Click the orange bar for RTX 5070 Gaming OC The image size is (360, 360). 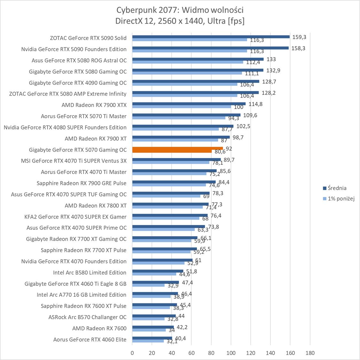coord(177,149)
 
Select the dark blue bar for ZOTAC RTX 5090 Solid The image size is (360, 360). coord(211,36)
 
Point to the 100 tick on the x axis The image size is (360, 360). coord(231,353)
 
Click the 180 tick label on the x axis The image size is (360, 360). coord(310,353)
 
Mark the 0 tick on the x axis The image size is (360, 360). coord(132,353)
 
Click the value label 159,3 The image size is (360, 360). coord(299,37)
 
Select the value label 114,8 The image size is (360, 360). coord(255,104)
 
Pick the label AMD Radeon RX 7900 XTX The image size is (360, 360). coord(94,105)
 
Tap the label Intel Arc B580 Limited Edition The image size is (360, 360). coord(90,272)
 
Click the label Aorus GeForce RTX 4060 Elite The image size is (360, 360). coord(90,340)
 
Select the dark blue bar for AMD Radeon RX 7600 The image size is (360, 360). coord(153,327)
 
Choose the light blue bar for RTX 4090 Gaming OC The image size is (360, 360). coord(185,84)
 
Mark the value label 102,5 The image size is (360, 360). coord(244,126)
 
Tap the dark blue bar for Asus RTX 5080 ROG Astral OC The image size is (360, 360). coord(198,59)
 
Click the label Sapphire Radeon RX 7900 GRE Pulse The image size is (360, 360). coord(82,183)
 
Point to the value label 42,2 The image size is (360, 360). coord(182,327)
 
